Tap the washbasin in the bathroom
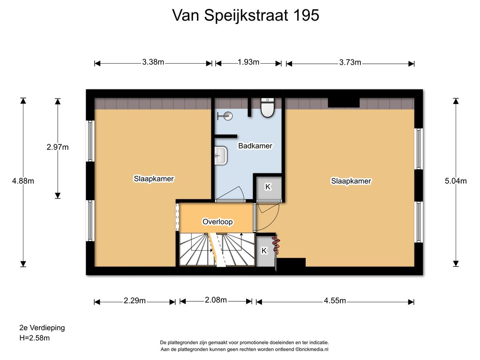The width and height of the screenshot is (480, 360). (x=221, y=156)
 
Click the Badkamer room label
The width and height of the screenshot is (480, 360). (x=255, y=146)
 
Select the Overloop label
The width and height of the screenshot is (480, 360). (x=217, y=222)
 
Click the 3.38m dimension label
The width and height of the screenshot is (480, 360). (x=153, y=62)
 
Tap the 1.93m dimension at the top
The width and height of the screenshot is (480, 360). (x=248, y=62)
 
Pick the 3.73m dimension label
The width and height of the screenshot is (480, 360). (x=350, y=62)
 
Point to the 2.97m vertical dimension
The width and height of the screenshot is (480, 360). (x=58, y=147)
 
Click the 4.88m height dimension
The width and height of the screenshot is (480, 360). (x=23, y=181)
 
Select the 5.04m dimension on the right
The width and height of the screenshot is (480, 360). (x=456, y=181)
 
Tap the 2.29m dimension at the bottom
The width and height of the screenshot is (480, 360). (x=135, y=300)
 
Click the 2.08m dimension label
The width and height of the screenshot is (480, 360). (x=216, y=300)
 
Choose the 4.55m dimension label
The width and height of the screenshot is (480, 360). (x=335, y=300)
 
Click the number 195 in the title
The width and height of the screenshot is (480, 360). (x=306, y=15)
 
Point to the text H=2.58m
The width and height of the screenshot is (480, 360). (x=35, y=338)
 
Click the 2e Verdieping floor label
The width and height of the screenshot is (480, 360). (x=42, y=328)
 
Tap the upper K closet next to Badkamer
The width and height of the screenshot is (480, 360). (x=268, y=187)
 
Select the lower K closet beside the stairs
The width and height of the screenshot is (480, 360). (x=265, y=251)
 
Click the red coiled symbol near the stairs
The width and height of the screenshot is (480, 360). (x=276, y=244)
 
